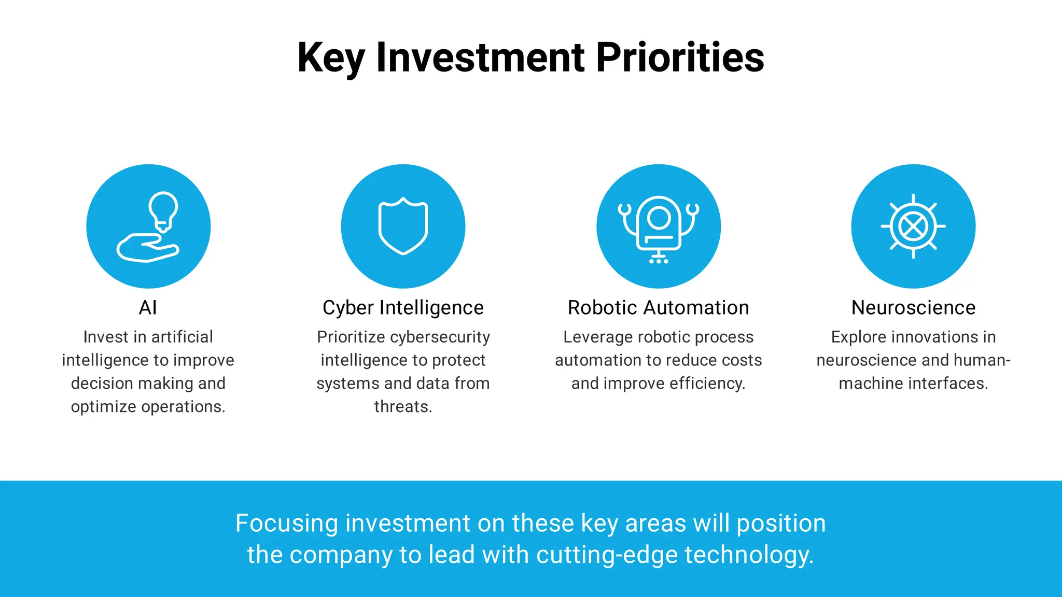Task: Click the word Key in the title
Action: point(331,58)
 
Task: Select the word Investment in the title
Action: point(480,57)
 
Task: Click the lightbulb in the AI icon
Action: point(163,210)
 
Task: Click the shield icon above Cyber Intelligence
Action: point(403,226)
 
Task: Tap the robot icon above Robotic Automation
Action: point(659,227)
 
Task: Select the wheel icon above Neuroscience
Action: point(913,226)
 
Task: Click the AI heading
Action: point(148,308)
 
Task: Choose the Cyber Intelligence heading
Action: point(403,308)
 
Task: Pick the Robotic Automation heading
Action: point(658,308)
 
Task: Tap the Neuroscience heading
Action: point(913,308)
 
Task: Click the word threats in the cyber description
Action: point(402,407)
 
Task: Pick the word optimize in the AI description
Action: point(103,407)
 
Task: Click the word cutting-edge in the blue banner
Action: point(607,555)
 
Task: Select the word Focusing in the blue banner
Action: point(287,523)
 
